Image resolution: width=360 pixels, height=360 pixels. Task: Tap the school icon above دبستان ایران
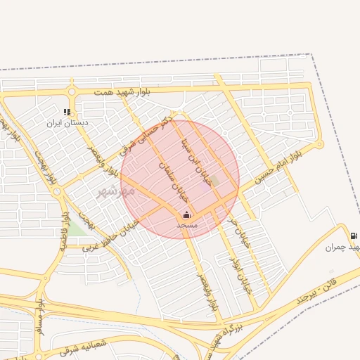[x=67, y=112]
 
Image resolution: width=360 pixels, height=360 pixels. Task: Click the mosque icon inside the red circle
[x=186, y=214]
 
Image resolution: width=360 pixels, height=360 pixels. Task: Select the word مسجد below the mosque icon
[x=186, y=225]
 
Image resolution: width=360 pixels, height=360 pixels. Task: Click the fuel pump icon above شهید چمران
[x=352, y=236]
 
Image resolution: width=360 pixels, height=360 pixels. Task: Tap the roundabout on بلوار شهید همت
[x=71, y=91]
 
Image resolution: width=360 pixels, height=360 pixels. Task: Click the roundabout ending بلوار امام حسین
[x=319, y=144]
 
